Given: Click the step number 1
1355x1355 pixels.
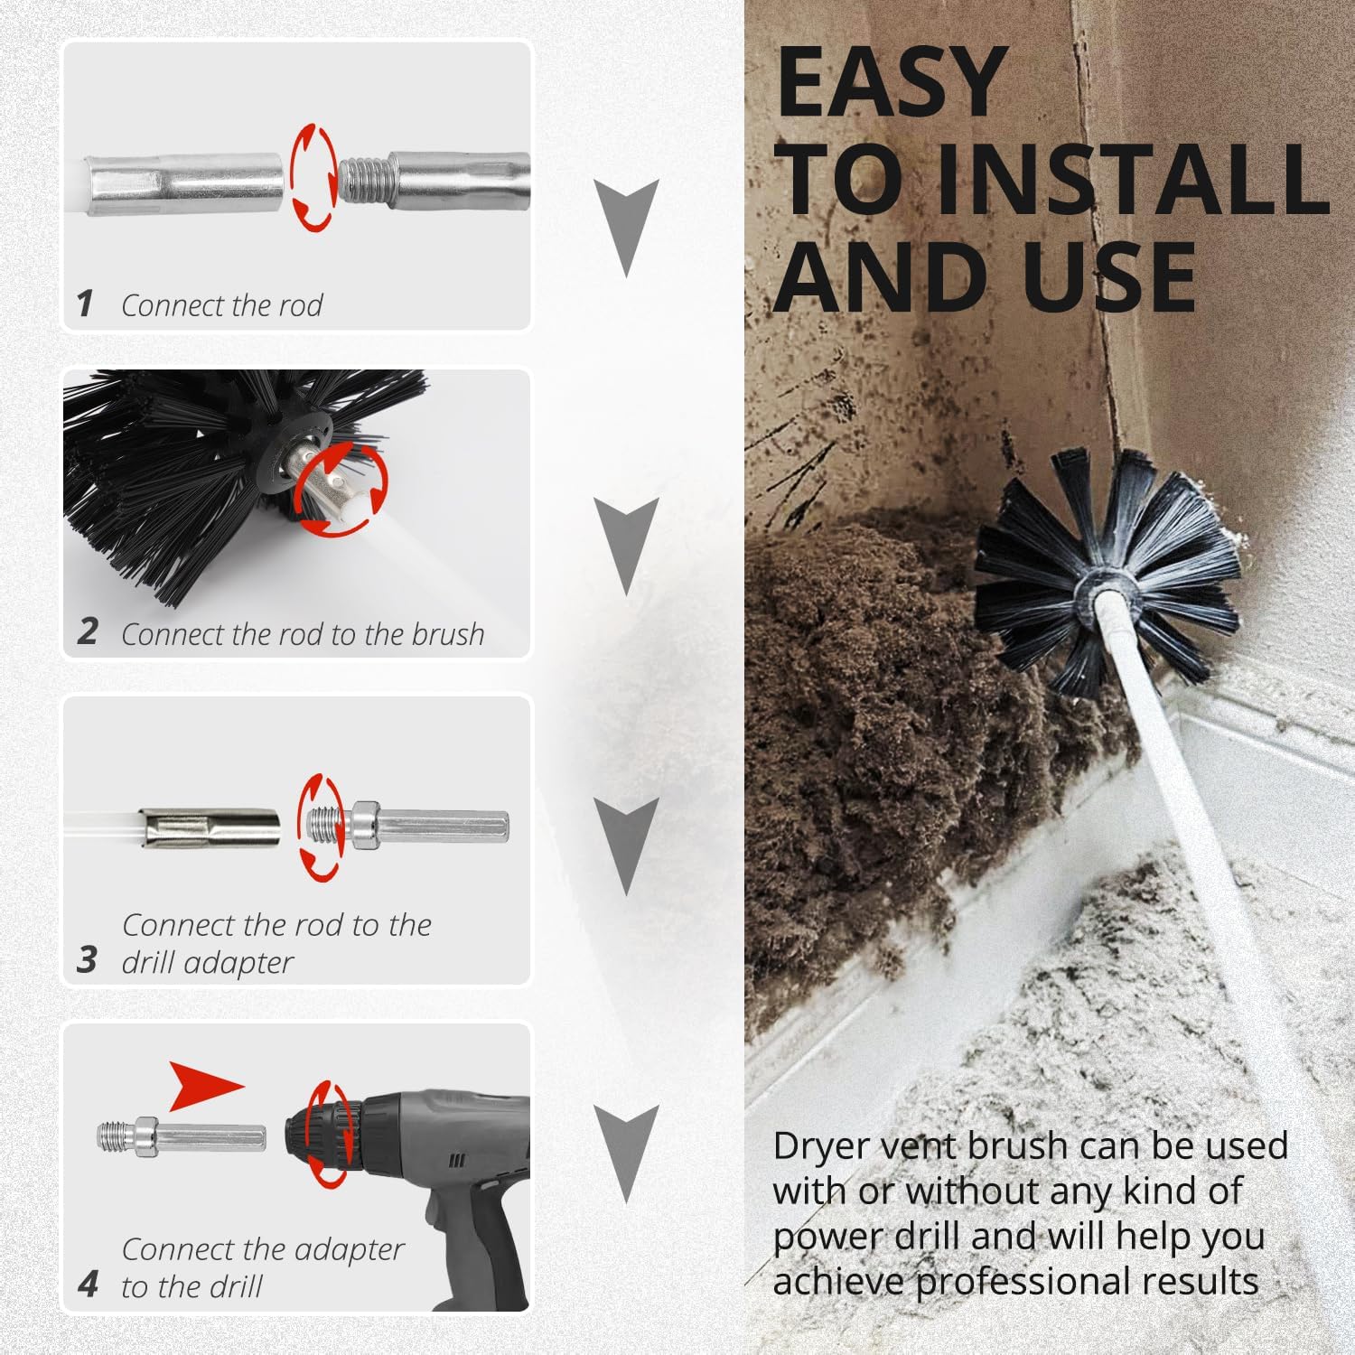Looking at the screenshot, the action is click(x=85, y=304).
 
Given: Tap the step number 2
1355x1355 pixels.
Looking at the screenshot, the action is click(x=87, y=631).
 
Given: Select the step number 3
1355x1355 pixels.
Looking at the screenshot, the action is click(x=87, y=960).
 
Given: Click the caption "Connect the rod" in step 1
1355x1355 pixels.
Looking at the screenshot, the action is click(x=222, y=305).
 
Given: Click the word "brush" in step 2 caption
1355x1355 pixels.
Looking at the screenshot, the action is click(x=447, y=634).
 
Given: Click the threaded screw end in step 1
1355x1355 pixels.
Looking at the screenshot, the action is click(x=361, y=178).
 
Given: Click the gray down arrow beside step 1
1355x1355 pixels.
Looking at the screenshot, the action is click(x=626, y=227).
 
